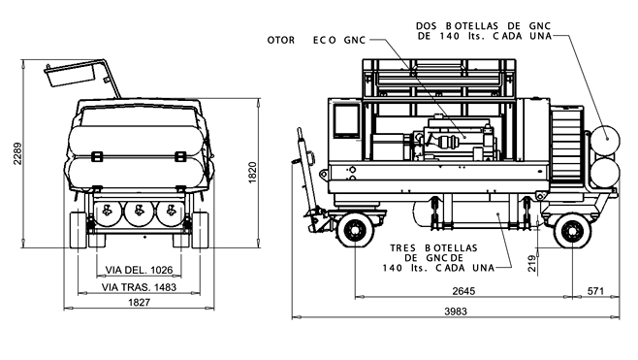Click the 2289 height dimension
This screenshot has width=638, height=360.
click(x=17, y=153)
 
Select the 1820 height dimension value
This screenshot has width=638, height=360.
click(x=252, y=173)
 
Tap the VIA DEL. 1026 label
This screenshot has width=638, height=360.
click(x=139, y=270)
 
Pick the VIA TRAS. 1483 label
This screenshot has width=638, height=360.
click(x=139, y=287)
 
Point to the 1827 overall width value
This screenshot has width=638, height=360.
click(x=140, y=302)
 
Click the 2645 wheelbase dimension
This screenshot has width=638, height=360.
click(x=463, y=291)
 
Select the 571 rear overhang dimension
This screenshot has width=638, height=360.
click(x=595, y=291)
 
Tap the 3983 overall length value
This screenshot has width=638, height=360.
click(x=456, y=311)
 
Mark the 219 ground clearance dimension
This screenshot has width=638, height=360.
click(x=531, y=264)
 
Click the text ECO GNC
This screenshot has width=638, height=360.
click(x=339, y=41)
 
